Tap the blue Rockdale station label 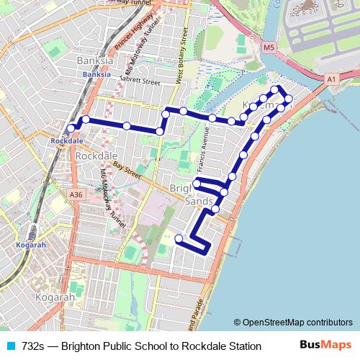pos(64,141)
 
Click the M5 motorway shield pos(269,48)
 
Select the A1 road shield pos(330,79)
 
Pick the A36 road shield pos(76,194)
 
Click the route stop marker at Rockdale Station pos(71,128)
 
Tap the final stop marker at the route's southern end pos(179,238)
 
